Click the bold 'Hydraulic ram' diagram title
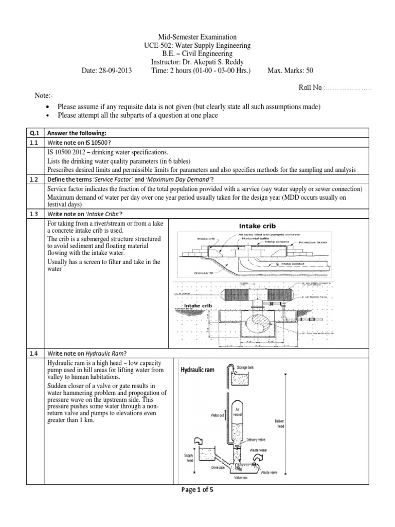coord(201,370)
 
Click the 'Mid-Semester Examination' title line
coord(197,37)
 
